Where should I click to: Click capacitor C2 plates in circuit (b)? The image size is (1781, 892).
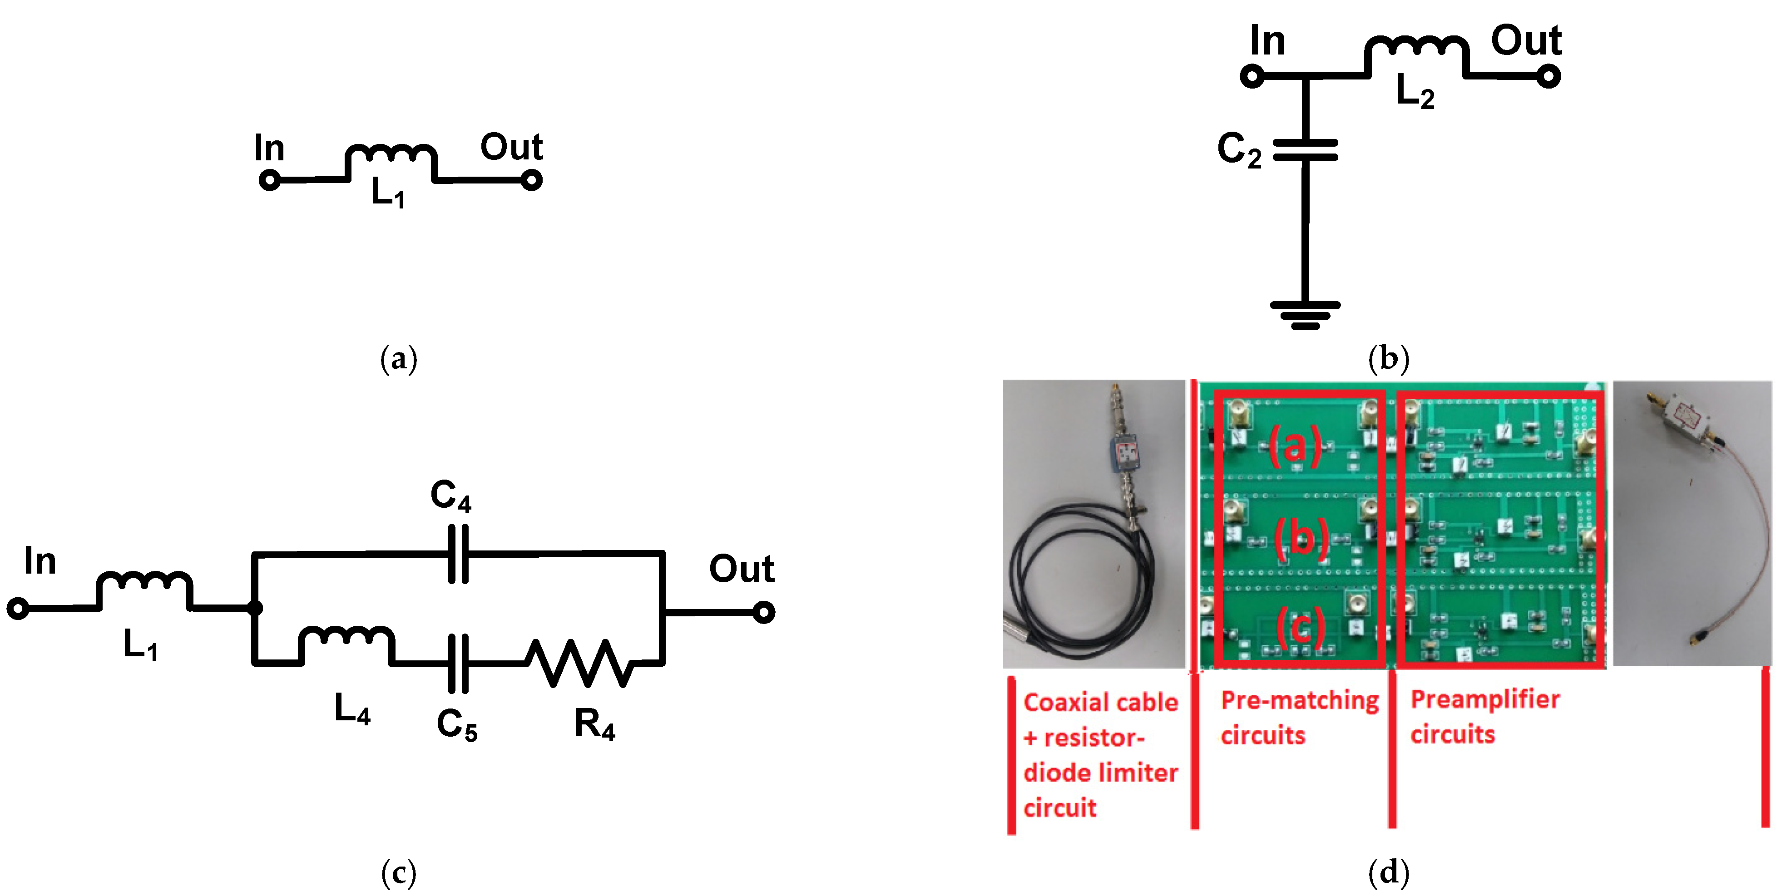(x=1305, y=150)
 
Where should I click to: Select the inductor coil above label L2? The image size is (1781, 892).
(x=1415, y=49)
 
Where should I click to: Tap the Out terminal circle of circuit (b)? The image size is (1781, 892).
(x=1548, y=75)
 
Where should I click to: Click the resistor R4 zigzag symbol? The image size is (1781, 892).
(x=579, y=663)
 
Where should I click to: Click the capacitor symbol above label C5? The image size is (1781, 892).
(x=458, y=663)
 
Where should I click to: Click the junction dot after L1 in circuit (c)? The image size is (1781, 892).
(x=254, y=608)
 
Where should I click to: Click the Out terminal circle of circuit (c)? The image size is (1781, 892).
(x=763, y=612)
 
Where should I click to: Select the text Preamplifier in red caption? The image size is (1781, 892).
(x=1484, y=700)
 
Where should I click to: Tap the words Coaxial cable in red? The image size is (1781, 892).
(x=1100, y=703)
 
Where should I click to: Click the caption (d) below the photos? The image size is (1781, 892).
(x=1388, y=872)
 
